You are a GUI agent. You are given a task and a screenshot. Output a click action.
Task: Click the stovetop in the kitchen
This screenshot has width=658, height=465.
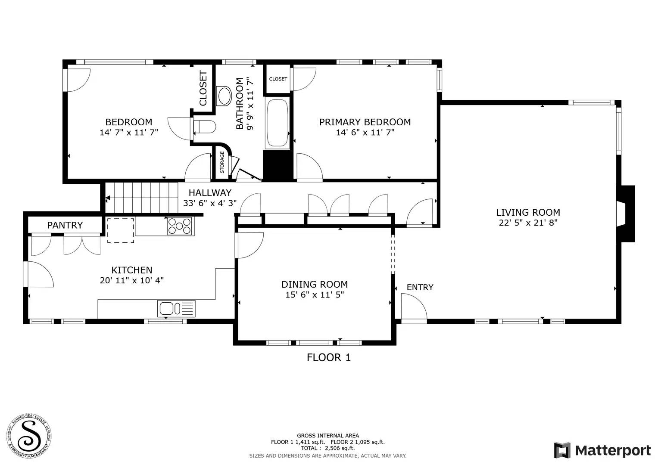(179, 226)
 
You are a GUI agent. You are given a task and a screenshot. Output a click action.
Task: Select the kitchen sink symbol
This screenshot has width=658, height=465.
(176, 308)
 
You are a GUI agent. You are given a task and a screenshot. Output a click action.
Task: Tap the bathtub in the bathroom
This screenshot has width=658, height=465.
(278, 124)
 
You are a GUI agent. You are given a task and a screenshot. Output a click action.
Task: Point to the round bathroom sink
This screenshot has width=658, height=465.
(225, 96)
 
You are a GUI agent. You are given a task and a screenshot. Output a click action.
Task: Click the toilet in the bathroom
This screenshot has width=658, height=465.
(204, 127)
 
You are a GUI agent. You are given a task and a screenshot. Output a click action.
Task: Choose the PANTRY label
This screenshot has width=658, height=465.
(65, 225)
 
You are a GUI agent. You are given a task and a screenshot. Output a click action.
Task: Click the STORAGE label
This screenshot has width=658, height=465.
(222, 162)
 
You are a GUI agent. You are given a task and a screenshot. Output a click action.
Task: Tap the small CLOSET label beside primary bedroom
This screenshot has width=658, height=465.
(278, 79)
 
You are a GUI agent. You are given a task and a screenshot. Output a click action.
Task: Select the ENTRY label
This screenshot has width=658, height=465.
(420, 287)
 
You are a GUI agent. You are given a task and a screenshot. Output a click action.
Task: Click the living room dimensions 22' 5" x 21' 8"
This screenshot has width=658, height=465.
(528, 223)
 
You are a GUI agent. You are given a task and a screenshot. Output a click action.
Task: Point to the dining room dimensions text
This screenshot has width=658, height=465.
(314, 295)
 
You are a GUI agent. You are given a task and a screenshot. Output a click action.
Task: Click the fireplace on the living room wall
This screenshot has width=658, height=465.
(625, 214)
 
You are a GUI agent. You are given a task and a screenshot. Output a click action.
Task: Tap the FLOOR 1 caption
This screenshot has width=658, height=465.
(328, 357)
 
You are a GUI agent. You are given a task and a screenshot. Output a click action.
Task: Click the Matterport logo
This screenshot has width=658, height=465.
(602, 450)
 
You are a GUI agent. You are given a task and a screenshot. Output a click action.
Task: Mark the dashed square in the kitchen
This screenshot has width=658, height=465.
(121, 230)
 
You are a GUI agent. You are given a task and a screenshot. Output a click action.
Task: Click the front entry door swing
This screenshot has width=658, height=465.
(413, 307)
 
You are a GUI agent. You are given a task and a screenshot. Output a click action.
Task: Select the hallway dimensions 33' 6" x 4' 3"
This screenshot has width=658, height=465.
(209, 203)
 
